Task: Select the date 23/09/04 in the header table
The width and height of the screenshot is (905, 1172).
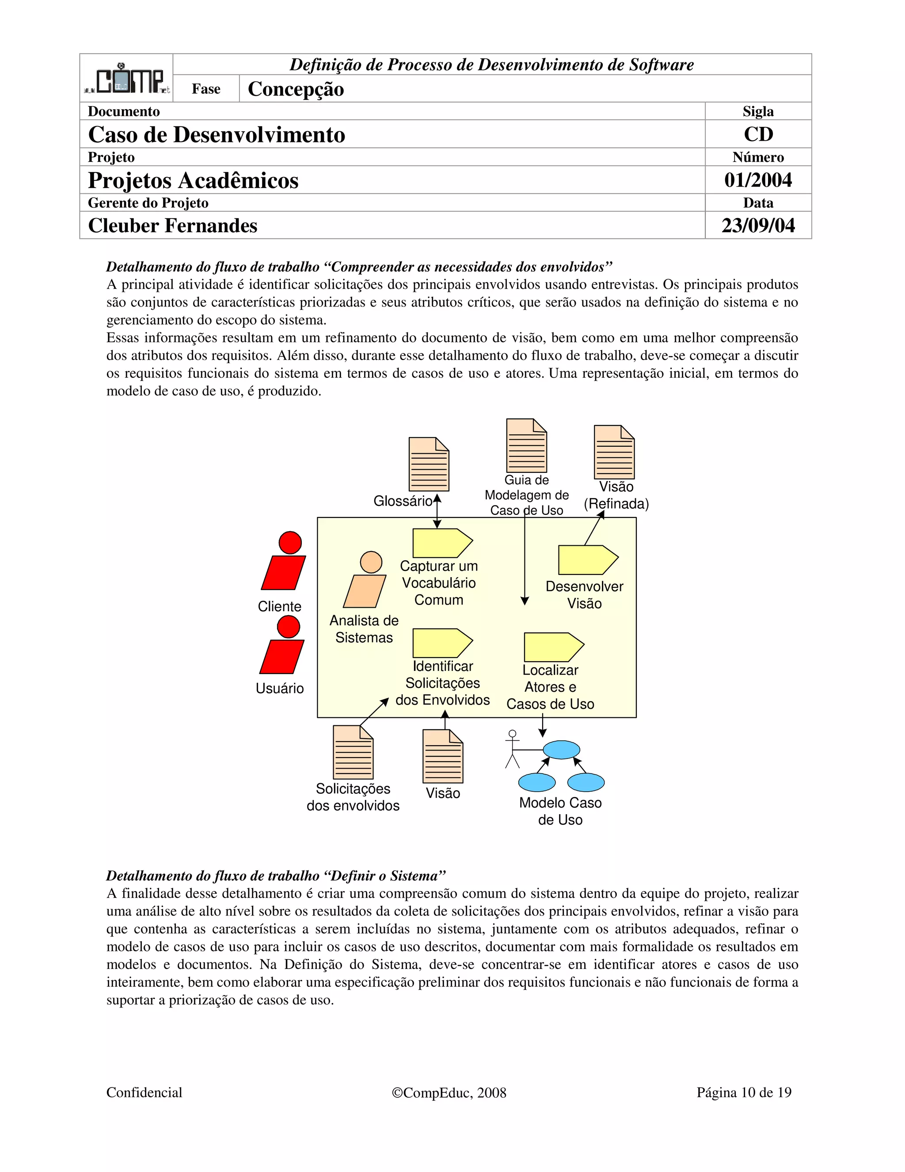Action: (x=757, y=226)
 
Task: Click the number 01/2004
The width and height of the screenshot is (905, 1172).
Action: (x=757, y=180)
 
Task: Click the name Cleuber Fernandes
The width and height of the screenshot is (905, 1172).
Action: (x=173, y=226)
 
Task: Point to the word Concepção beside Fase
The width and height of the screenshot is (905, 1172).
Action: (x=296, y=89)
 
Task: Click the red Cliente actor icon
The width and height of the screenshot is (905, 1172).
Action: (x=285, y=561)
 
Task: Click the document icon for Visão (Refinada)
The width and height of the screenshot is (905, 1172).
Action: (x=614, y=452)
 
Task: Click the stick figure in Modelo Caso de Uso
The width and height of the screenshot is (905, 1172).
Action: (x=512, y=749)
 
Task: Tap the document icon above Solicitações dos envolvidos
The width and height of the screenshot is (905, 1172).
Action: (x=353, y=752)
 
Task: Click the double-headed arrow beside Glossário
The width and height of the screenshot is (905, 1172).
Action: (x=437, y=511)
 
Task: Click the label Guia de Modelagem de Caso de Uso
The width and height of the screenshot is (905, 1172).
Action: (x=526, y=495)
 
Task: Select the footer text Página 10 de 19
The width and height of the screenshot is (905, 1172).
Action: (x=744, y=1092)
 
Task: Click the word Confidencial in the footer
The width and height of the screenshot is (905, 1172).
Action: (x=144, y=1092)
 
